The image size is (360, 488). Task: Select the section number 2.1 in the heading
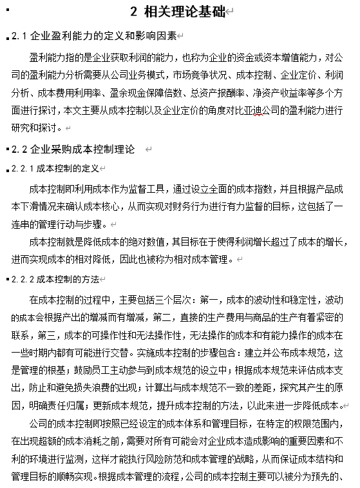(x=20, y=36)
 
